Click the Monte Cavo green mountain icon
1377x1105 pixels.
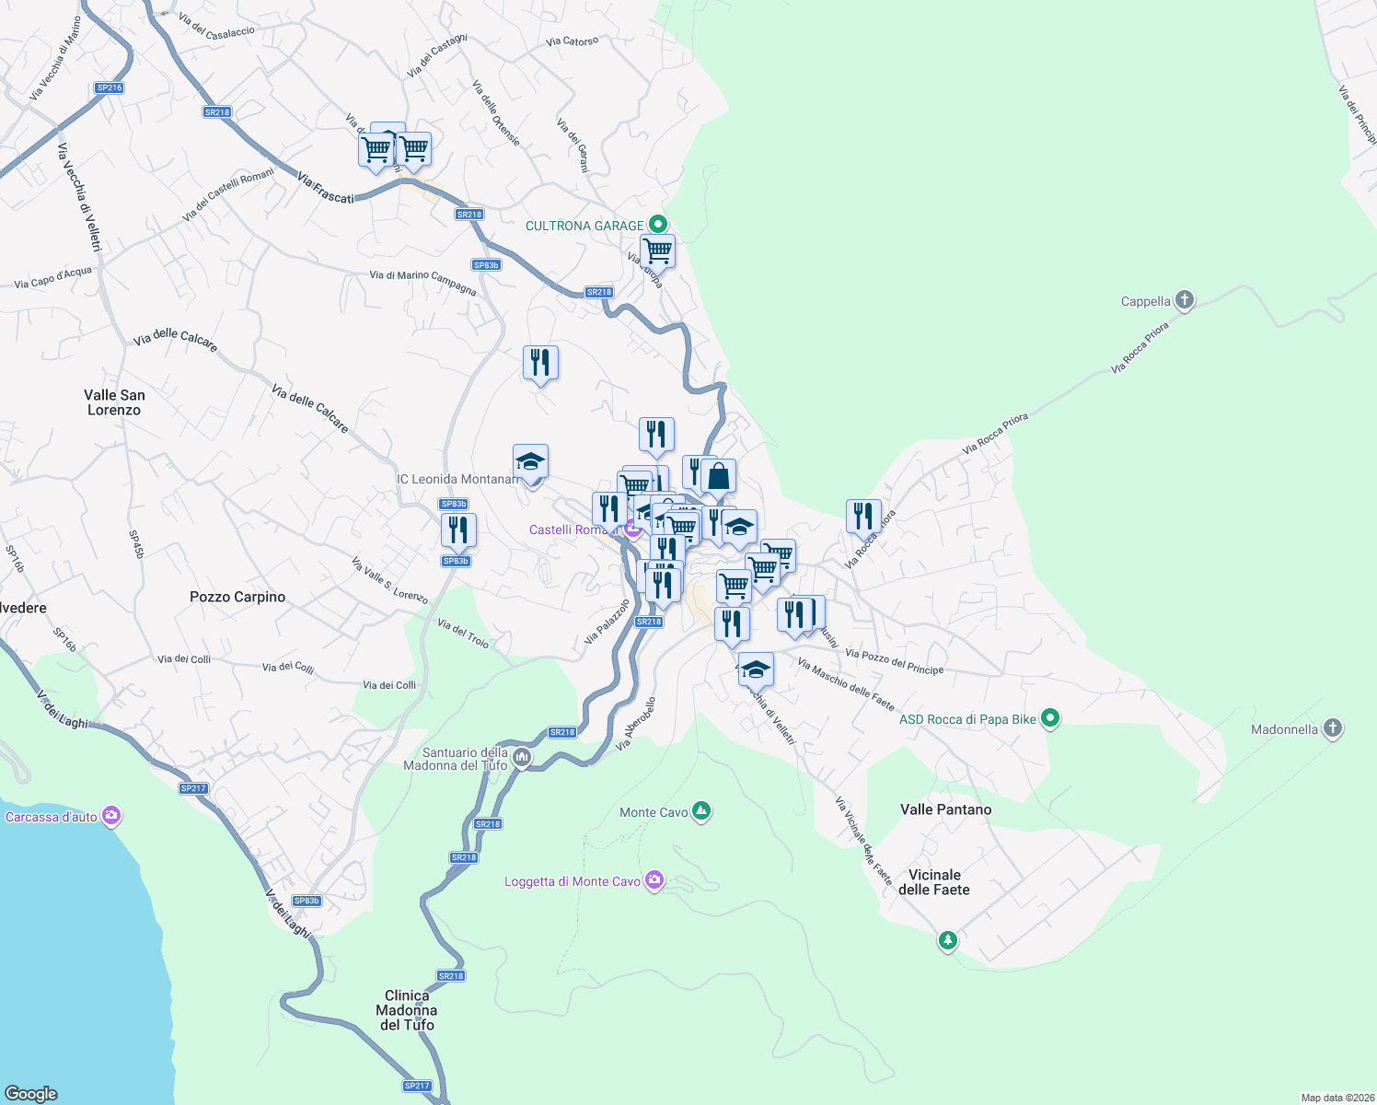(701, 811)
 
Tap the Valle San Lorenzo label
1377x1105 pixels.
(114, 402)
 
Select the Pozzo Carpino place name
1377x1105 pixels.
(237, 597)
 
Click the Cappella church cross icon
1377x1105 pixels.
(1185, 300)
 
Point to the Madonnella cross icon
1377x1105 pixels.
(1333, 729)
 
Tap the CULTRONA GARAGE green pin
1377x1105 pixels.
(657, 225)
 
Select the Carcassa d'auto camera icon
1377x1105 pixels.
(111, 816)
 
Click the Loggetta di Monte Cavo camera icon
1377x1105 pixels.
(654, 880)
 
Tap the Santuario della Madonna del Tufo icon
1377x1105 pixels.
(522, 758)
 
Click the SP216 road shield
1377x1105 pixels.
(109, 88)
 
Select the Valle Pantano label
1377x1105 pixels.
(945, 809)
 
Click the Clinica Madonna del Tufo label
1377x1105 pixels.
(407, 1010)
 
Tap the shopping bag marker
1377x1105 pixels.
(718, 477)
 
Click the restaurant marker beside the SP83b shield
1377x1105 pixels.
(458, 530)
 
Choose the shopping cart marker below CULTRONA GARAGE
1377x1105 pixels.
(657, 250)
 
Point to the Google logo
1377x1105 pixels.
(31, 1094)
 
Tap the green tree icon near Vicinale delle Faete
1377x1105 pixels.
(947, 940)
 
